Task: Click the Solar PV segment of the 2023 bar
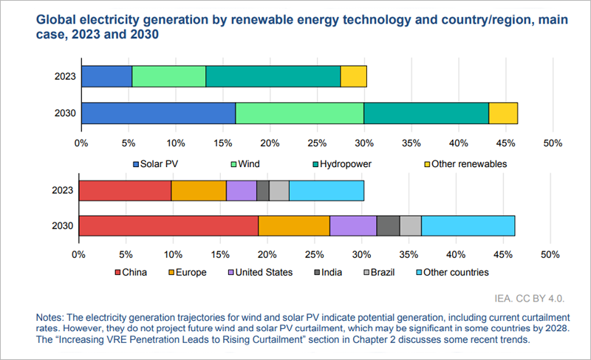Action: [106, 76]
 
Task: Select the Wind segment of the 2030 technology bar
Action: [299, 113]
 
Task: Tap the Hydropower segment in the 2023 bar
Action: [273, 76]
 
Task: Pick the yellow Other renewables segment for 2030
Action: [503, 113]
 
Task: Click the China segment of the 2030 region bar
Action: [168, 226]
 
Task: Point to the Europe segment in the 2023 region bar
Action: [199, 190]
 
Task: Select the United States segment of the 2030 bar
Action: [353, 226]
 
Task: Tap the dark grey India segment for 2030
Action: [388, 226]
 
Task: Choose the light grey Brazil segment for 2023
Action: [279, 190]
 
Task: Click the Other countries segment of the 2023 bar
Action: [326, 190]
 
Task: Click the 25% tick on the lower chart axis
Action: [314, 254]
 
